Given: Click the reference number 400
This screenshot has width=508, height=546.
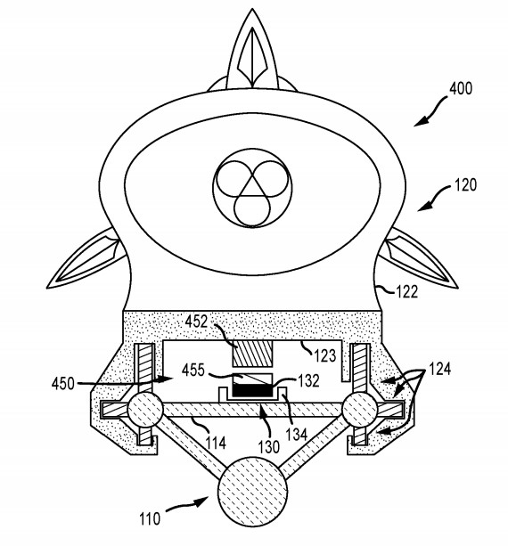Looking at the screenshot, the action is point(461,88).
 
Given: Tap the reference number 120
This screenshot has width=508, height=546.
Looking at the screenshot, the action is point(465,184).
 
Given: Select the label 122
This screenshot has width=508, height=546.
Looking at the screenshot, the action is point(406,291).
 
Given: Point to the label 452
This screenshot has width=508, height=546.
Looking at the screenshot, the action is point(196,321).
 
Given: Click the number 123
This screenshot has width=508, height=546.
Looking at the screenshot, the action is point(325,355).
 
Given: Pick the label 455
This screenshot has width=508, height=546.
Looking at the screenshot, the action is point(193,370).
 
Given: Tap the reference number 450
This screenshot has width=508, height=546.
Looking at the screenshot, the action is point(63,384).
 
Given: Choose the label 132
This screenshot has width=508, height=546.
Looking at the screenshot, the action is point(308,381).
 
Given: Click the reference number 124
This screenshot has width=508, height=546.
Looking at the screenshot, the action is point(439,369).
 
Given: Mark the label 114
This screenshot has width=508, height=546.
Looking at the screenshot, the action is point(216,443).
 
